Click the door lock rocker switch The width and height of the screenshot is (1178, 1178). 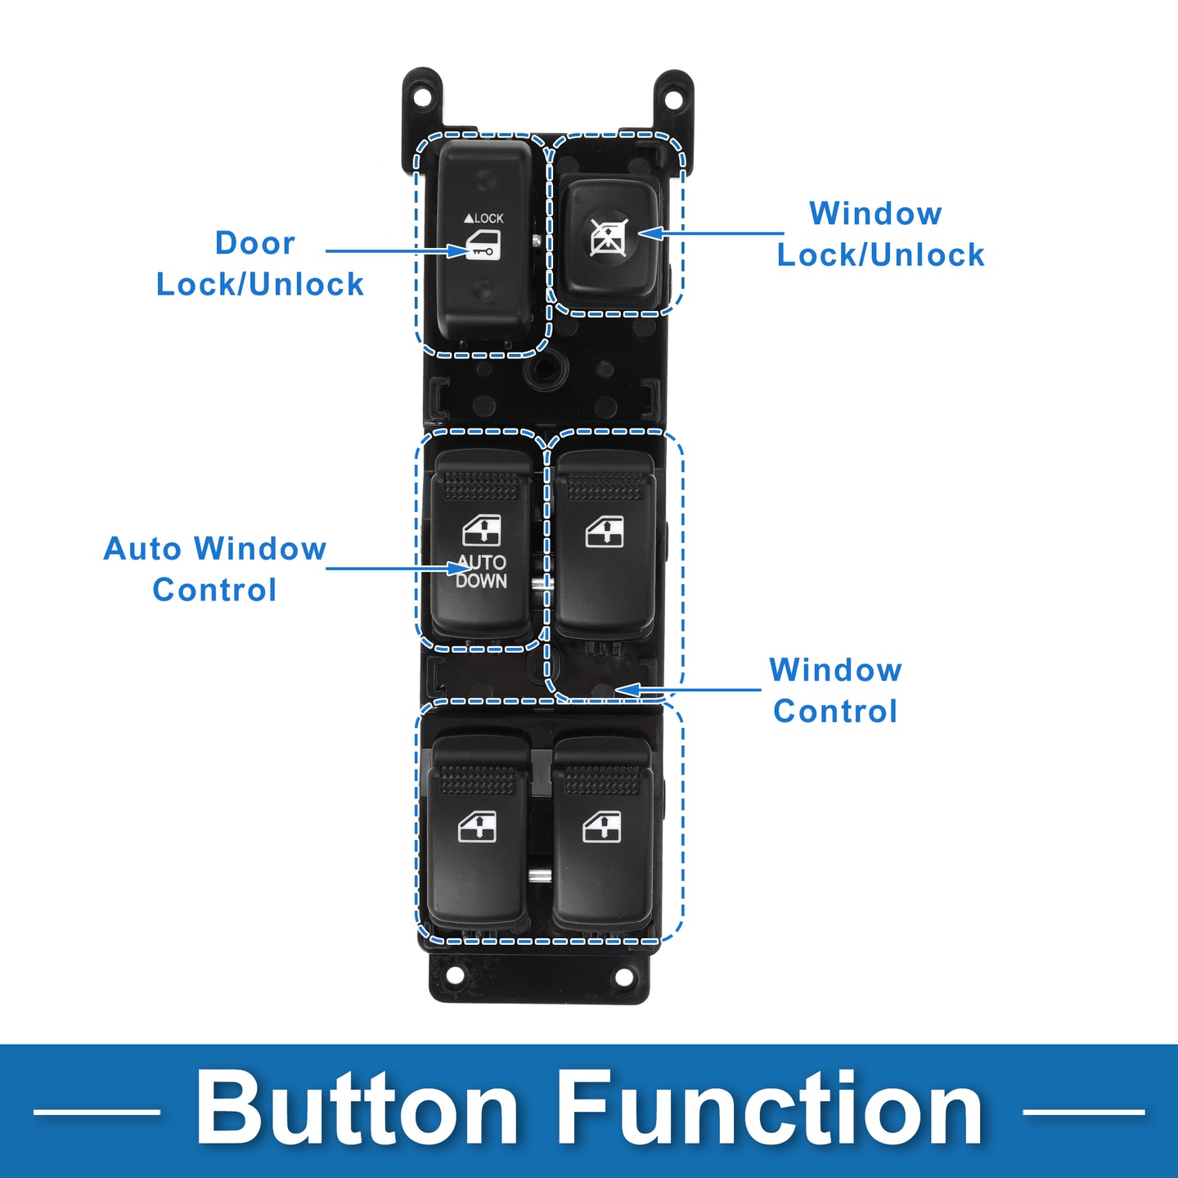483,240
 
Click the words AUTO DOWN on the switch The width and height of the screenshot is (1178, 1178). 481,572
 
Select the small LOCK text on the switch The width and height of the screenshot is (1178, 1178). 483,218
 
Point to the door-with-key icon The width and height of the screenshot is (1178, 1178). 483,245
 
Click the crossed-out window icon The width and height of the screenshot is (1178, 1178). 609,236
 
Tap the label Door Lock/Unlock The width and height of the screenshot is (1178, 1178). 260,263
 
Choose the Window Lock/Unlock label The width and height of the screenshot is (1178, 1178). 880,234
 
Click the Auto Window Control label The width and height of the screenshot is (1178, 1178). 214,569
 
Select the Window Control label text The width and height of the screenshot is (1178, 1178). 835,690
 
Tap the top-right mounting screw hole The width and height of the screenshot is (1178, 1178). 673,98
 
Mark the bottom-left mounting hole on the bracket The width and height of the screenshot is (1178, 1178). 453,976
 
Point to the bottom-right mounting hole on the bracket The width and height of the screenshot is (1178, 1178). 623,977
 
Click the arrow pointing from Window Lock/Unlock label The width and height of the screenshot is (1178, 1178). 710,233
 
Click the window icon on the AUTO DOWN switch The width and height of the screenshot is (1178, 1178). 482,530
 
